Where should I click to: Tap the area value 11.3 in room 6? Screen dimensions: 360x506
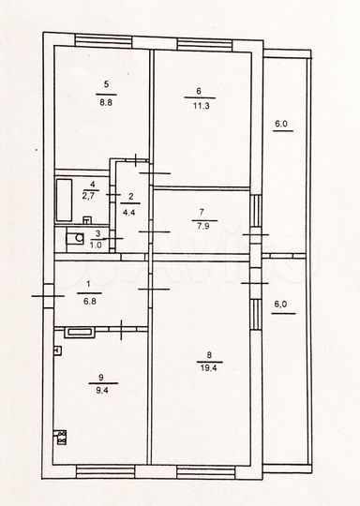pyautogui.click(x=200, y=106)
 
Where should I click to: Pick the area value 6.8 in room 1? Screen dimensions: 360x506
pyautogui.click(x=90, y=303)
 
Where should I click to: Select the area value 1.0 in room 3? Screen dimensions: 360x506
pyautogui.click(x=97, y=246)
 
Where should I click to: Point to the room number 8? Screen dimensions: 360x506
pyautogui.click(x=207, y=355)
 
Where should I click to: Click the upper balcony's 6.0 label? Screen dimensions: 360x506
pyautogui.click(x=280, y=124)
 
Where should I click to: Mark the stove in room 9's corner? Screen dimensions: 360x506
pyautogui.click(x=63, y=438)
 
